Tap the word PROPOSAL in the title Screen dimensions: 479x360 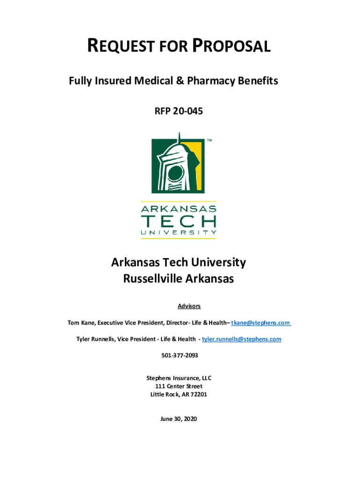tap(232, 47)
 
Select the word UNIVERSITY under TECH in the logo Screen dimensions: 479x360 tap(178, 232)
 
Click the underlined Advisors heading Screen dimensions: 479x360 tap(189, 306)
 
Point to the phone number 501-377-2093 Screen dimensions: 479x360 tap(179, 356)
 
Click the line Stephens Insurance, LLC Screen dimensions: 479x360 tap(179, 377)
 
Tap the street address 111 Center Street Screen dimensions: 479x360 tap(179, 386)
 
